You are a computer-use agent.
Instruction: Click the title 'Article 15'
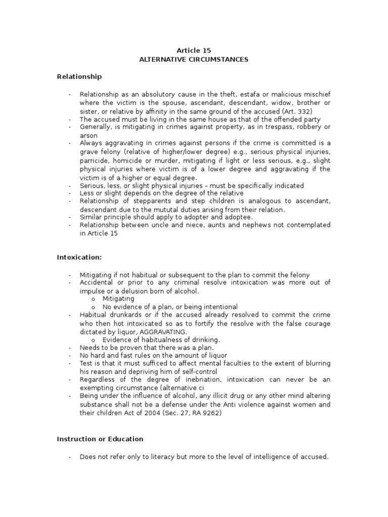coord(194,50)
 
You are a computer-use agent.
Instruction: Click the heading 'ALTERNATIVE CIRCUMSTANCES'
coord(194,60)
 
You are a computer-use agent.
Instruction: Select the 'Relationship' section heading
coord(79,77)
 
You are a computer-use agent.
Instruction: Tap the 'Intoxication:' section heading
coord(79,257)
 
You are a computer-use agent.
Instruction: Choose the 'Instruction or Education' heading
coord(100,439)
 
